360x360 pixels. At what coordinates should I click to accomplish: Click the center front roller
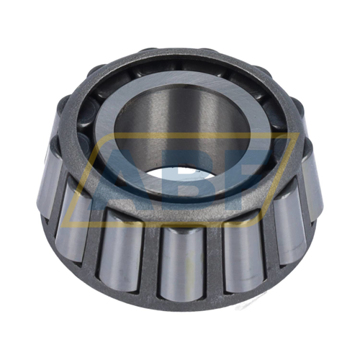[x=180, y=259]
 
